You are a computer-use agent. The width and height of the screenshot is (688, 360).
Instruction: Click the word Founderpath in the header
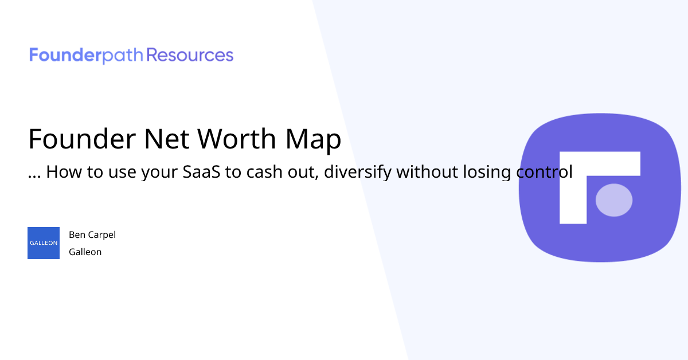[87, 56]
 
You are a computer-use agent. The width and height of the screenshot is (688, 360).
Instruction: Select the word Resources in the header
[190, 56]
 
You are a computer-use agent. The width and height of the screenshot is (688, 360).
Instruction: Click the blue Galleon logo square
[44, 243]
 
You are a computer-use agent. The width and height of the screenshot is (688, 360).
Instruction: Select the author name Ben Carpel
[92, 234]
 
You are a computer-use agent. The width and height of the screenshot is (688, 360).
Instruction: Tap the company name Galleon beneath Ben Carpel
[85, 252]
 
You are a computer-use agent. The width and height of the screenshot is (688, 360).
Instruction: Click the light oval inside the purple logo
[614, 200]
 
